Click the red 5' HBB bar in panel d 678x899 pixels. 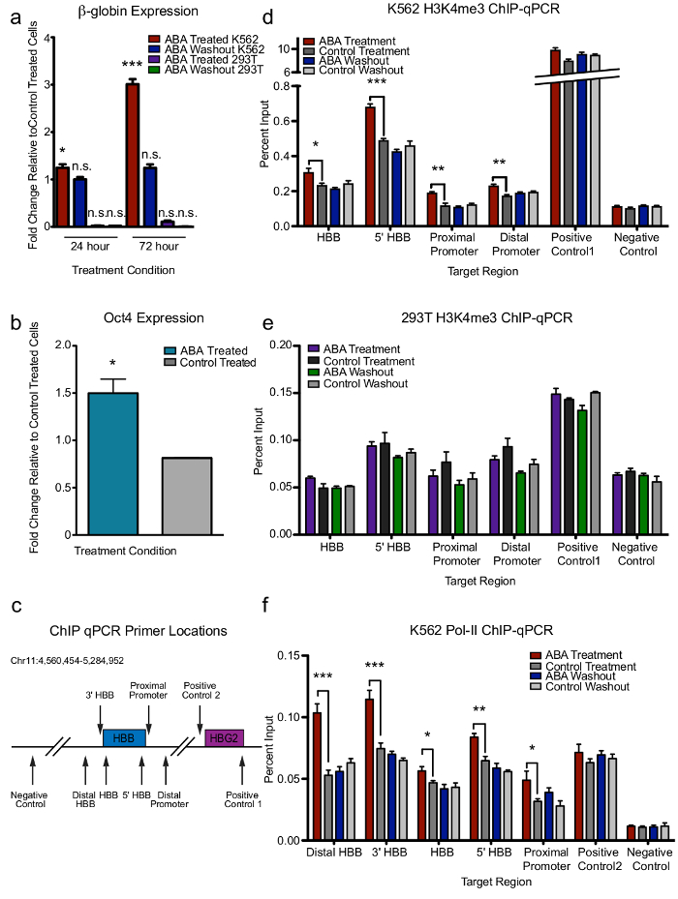tap(371, 165)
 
